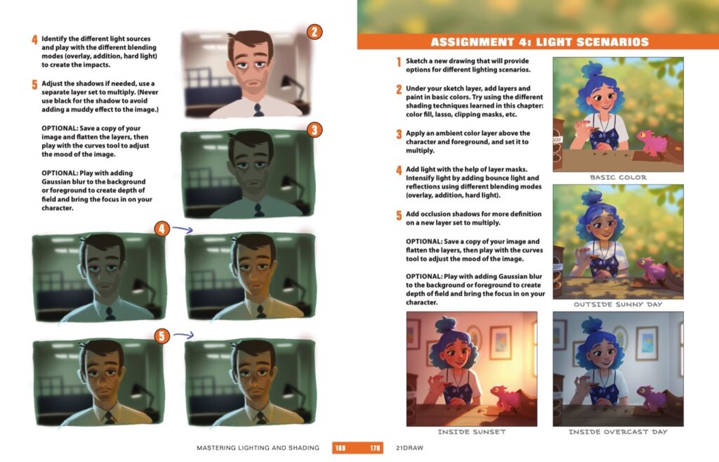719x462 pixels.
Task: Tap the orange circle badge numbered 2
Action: click(315, 32)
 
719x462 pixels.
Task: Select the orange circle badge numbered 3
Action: click(315, 129)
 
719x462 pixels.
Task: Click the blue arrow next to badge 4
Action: click(182, 229)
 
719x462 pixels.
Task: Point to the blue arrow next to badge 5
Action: click(182, 336)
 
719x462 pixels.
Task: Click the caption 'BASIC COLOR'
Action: click(618, 178)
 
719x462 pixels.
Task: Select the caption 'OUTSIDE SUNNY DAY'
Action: click(618, 305)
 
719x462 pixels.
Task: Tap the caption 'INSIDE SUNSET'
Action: click(471, 432)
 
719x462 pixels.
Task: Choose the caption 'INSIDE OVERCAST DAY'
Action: click(618, 432)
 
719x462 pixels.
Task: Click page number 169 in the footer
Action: click(341, 448)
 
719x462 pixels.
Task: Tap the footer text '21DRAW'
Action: click(411, 448)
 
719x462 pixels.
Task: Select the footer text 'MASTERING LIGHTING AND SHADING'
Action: click(258, 448)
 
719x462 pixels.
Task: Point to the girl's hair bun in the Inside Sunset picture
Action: click(446, 325)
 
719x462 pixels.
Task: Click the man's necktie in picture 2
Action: click(258, 109)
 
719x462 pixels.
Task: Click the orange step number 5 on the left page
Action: click(34, 84)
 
